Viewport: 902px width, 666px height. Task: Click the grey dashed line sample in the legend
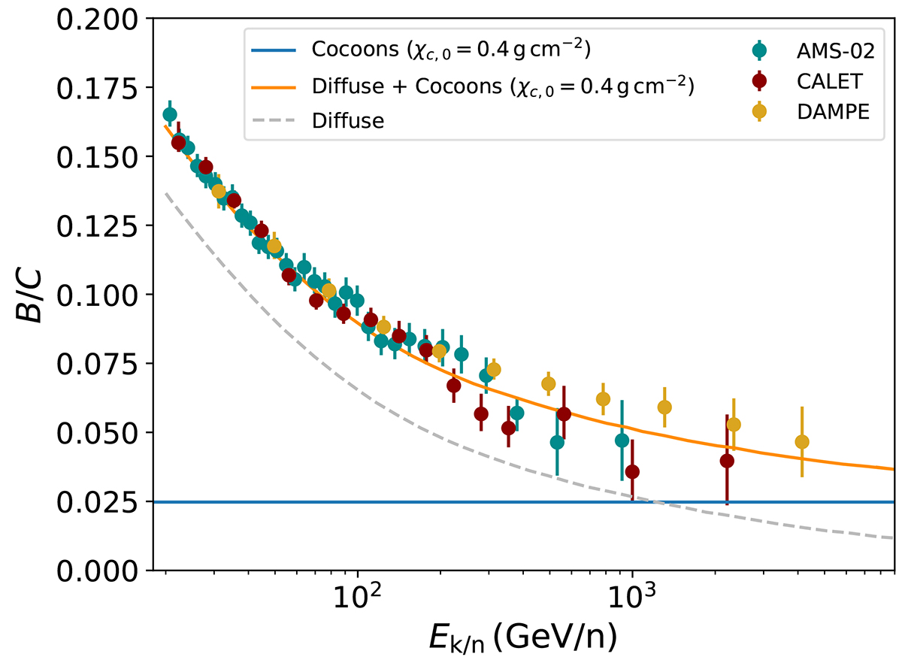(275, 120)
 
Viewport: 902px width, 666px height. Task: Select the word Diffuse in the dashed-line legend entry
(348, 120)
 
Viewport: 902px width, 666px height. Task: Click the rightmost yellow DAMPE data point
(802, 442)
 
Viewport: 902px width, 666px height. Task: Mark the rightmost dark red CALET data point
(727, 461)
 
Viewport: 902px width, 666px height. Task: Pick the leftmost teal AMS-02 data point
(170, 114)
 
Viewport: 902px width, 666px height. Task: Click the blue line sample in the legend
(275, 51)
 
